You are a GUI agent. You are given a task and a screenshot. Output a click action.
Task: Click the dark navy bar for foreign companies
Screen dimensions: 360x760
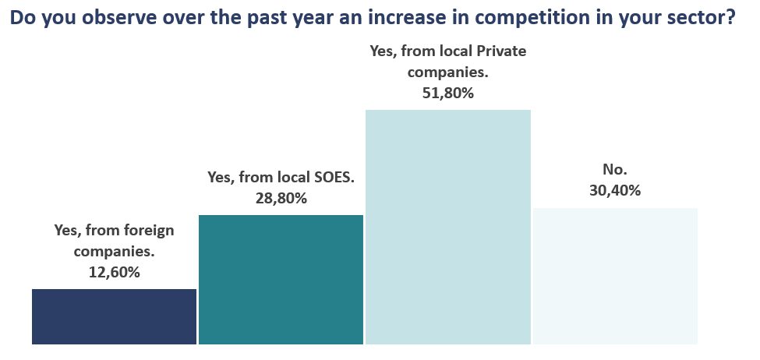[x=114, y=316]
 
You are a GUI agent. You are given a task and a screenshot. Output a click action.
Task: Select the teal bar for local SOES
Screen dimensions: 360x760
[x=281, y=279]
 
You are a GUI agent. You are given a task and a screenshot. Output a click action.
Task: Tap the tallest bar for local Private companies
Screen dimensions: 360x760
[x=447, y=226]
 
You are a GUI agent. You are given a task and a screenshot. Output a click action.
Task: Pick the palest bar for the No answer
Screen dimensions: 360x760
[x=615, y=276]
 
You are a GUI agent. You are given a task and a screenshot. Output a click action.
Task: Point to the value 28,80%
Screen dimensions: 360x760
[x=281, y=198]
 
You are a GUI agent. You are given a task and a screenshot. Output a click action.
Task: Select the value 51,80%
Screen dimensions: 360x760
[x=447, y=94]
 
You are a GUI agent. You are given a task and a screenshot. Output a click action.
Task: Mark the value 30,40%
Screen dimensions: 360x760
[x=615, y=190]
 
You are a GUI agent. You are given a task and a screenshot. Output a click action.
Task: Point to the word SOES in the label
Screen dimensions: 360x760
[x=331, y=177]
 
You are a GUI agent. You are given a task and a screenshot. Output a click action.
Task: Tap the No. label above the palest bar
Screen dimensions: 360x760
[x=615, y=168]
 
